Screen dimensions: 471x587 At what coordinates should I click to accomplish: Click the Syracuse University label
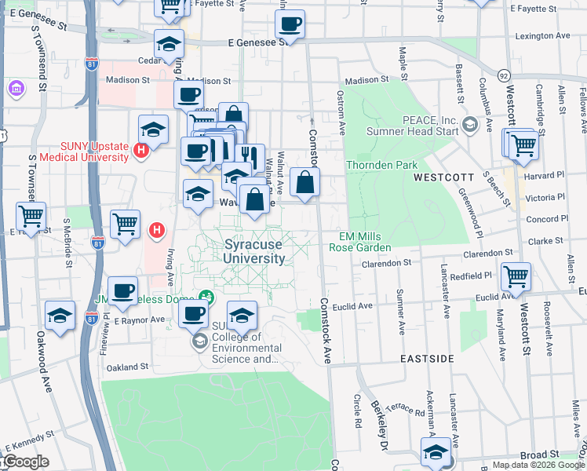tap(253, 251)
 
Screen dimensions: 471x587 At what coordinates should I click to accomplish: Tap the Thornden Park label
tap(382, 166)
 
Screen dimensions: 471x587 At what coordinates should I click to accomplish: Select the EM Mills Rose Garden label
tap(364, 242)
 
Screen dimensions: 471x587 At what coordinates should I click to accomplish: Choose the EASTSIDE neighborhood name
tap(427, 358)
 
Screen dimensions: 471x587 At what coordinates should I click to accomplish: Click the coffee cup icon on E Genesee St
tap(290, 25)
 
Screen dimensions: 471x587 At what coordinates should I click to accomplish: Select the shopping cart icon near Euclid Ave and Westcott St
tap(516, 276)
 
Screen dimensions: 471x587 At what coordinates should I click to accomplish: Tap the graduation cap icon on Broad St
tap(436, 451)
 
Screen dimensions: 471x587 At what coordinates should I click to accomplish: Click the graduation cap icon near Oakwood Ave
tap(60, 315)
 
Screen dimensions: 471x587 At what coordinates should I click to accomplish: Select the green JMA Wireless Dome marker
tap(206, 298)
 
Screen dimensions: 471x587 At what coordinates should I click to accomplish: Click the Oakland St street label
tap(127, 367)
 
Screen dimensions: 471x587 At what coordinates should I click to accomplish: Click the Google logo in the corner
tap(25, 462)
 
